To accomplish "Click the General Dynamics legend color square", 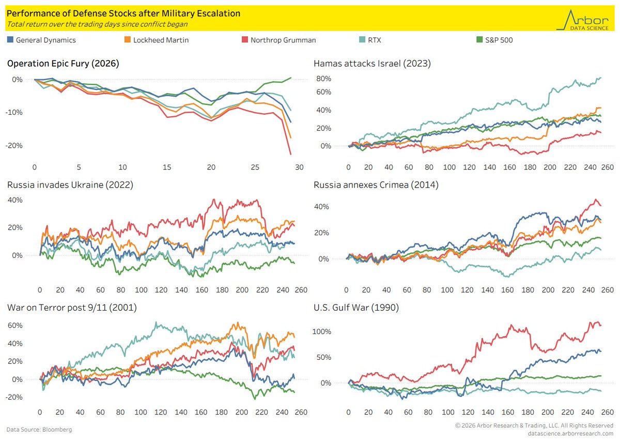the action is pyautogui.click(x=10, y=40).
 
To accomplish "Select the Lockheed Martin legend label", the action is pyautogui.click(x=161, y=40).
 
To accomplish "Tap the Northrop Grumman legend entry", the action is pyautogui.click(x=278, y=40).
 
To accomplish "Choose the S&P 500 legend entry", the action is pyautogui.click(x=494, y=40).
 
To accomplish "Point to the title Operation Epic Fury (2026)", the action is pyautogui.click(x=63, y=64).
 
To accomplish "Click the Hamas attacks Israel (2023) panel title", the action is pyautogui.click(x=372, y=64).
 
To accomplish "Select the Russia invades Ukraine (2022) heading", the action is pyautogui.click(x=70, y=185).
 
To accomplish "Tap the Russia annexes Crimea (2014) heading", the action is pyautogui.click(x=376, y=185).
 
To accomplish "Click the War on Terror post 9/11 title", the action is pyautogui.click(x=72, y=308).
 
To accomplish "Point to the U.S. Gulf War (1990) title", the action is pyautogui.click(x=356, y=308).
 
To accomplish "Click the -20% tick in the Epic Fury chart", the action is pyautogui.click(x=14, y=145).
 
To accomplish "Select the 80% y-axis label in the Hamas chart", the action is pyautogui.click(x=323, y=79).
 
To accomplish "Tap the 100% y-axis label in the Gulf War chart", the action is pyautogui.click(x=321, y=331).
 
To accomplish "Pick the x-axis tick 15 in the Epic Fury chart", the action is pyautogui.click(x=166, y=167).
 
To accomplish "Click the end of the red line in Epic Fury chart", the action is pyautogui.click(x=290, y=154).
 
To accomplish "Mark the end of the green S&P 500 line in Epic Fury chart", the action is pyautogui.click(x=291, y=78).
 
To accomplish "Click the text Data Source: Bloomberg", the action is pyautogui.click(x=39, y=430).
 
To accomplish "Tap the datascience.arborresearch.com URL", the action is pyautogui.click(x=570, y=433).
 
